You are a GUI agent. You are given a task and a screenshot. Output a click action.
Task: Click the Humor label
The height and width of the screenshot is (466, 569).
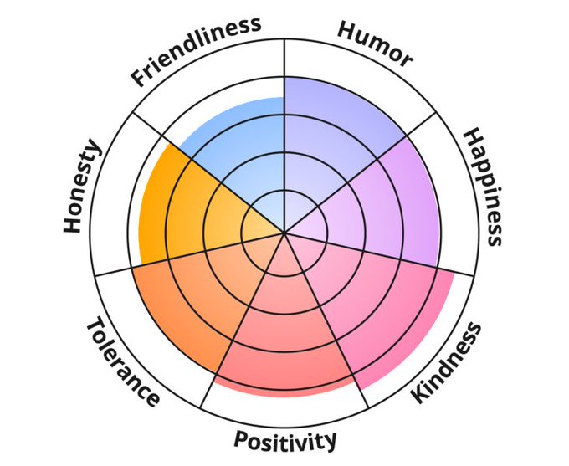(x=374, y=43)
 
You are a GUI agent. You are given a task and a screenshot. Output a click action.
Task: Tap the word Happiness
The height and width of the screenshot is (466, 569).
(x=484, y=187)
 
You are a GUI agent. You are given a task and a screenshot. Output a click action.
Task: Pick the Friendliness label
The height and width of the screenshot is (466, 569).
(x=195, y=50)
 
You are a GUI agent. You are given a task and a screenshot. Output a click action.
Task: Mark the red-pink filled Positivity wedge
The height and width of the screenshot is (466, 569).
(x=284, y=335)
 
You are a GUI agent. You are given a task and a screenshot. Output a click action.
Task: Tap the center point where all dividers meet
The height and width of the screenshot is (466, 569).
(x=284, y=231)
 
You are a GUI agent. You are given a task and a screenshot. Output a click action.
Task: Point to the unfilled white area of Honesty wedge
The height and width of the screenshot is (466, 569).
(x=117, y=209)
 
